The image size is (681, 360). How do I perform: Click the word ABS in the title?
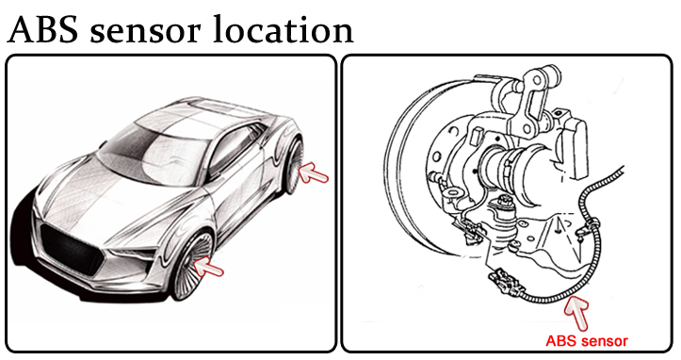[42, 29]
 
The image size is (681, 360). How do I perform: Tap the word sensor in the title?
[146, 33]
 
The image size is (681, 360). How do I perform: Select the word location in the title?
[284, 29]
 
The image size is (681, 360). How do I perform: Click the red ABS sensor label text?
[586, 341]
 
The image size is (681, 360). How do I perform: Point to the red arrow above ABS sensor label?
[577, 312]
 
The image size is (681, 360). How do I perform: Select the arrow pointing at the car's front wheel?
[208, 266]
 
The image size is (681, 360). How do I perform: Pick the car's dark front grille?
[72, 249]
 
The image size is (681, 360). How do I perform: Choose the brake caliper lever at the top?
[535, 100]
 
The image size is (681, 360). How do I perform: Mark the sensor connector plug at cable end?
[505, 282]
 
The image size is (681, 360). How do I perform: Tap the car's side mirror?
[103, 144]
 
